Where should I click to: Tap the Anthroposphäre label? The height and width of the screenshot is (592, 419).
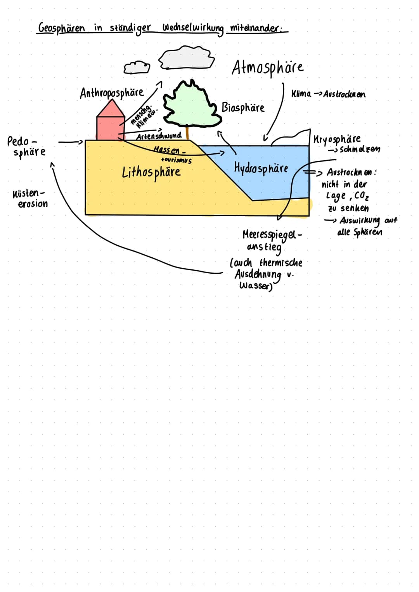click(112, 93)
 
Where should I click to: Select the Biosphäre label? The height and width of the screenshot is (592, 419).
click(243, 108)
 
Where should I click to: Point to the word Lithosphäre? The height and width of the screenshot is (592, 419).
click(151, 172)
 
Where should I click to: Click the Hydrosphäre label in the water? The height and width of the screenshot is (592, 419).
click(261, 168)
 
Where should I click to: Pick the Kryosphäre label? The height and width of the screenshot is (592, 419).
click(337, 139)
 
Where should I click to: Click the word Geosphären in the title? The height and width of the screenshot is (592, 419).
click(61, 28)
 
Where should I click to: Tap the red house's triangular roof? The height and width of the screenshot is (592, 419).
click(111, 109)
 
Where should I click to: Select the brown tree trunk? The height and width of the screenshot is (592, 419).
click(187, 133)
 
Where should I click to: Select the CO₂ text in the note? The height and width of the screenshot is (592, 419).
click(362, 196)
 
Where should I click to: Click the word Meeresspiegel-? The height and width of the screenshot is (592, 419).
click(272, 235)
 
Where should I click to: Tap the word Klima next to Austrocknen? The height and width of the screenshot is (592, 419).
click(301, 94)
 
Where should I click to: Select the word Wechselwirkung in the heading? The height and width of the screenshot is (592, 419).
click(193, 28)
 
